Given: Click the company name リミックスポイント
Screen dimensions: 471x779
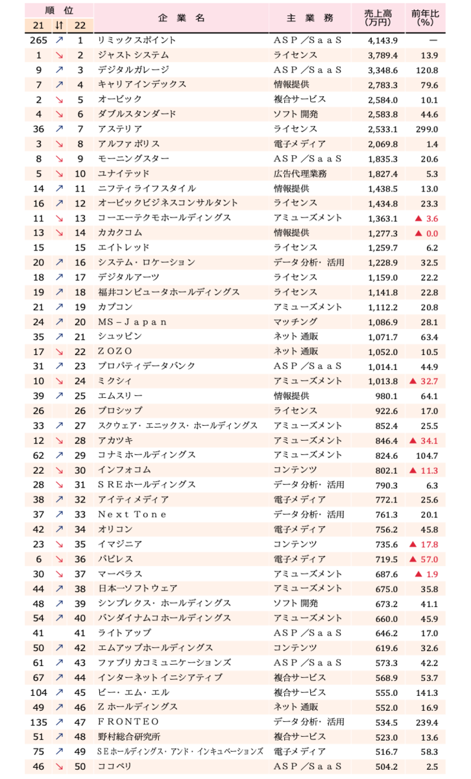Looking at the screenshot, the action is coord(136,40).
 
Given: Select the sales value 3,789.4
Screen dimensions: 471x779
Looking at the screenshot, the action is coord(383,55).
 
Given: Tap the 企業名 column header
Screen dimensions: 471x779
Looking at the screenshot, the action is coord(181,18).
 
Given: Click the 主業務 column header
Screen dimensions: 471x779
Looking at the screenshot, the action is coord(309,18).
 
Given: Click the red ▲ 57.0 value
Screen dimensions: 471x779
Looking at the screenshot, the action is coord(423,559).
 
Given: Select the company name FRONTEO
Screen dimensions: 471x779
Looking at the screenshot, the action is coord(128,722).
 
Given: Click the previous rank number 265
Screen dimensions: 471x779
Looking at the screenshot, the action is coord(39,40).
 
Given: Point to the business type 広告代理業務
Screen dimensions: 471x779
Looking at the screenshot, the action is coord(300,173).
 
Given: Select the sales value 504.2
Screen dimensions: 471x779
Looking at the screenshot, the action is coord(385,766).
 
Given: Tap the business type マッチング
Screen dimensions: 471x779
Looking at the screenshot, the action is coord(295,321).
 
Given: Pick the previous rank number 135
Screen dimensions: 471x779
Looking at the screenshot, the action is coord(39,722).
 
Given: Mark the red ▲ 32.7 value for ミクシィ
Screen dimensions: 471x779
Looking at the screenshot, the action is coord(423,381).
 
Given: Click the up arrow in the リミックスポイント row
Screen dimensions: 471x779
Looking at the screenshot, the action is coord(60,40).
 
